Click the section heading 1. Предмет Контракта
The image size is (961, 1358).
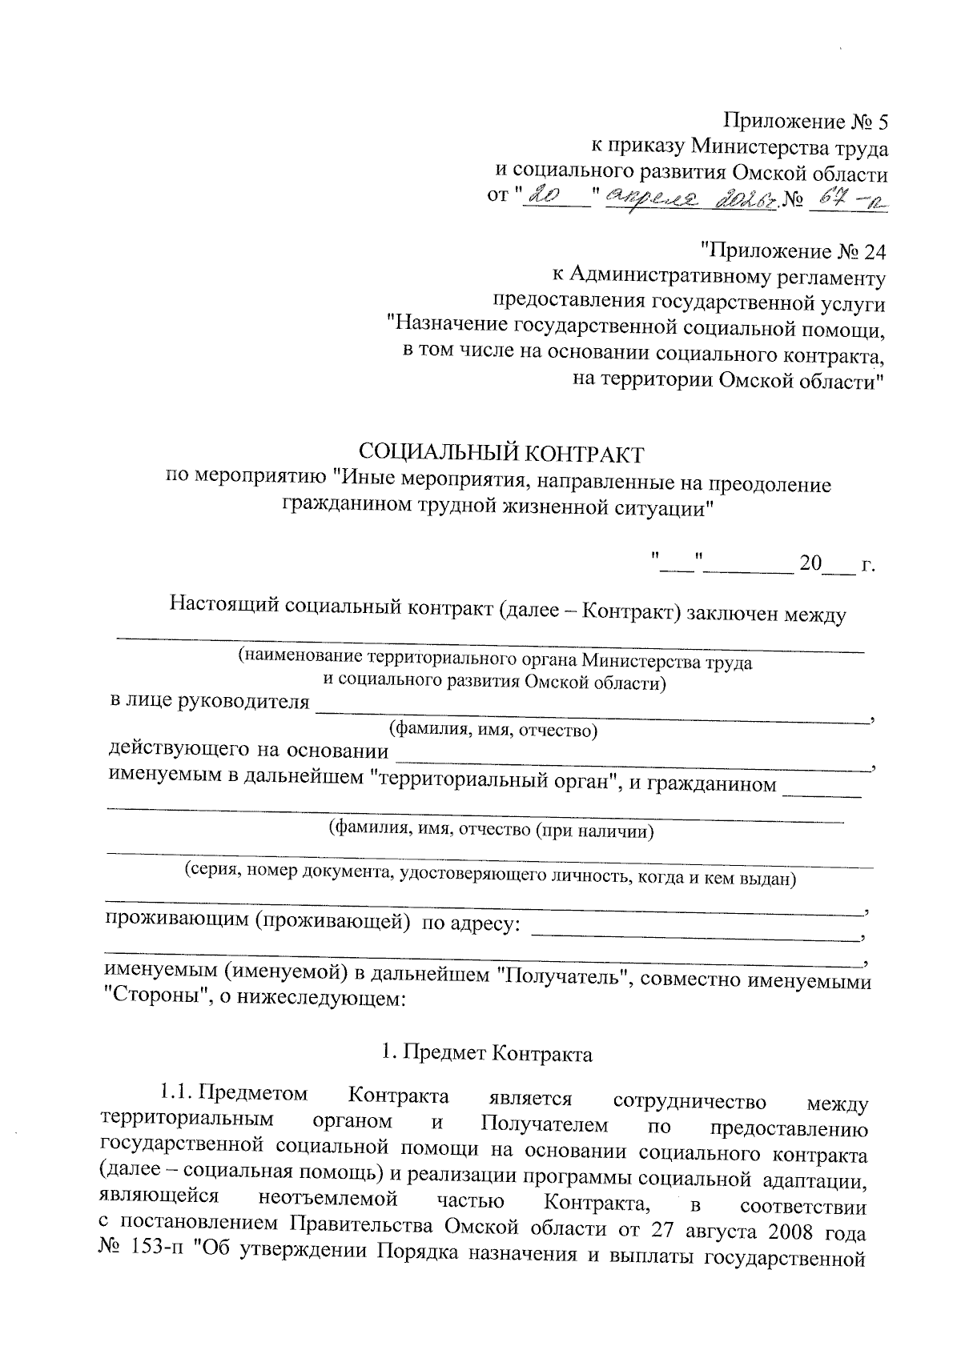click(487, 1053)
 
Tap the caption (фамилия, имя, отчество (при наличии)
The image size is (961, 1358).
click(492, 830)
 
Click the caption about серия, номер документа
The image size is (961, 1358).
click(489, 876)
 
